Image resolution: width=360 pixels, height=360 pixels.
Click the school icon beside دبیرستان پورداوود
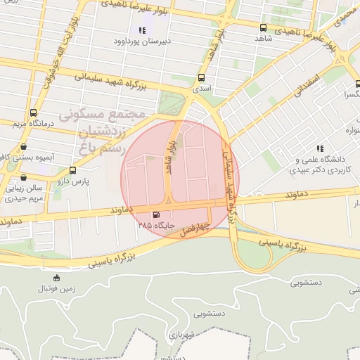[143, 30]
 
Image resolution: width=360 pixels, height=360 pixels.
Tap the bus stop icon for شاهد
[263, 27]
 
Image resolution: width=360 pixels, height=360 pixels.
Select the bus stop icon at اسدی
[202, 77]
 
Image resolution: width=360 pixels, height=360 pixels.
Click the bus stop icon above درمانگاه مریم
[33, 112]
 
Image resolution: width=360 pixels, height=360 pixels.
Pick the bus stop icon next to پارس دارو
[72, 170]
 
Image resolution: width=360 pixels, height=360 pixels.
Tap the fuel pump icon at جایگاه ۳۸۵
[155, 214]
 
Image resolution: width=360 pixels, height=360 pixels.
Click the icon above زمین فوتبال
[57, 278]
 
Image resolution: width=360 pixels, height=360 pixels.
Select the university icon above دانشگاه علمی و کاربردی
[321, 148]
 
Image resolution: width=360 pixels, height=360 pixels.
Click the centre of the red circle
[180, 179]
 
